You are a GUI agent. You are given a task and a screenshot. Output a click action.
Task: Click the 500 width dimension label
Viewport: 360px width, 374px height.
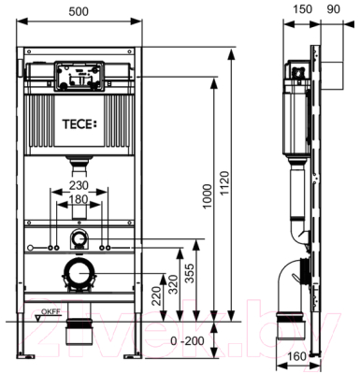click(79, 11)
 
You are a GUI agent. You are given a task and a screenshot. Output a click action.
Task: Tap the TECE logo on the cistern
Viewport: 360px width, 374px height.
click(79, 124)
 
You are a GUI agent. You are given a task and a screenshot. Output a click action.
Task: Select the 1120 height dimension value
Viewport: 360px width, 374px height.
click(224, 183)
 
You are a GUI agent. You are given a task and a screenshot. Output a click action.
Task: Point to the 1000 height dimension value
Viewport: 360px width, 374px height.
click(207, 196)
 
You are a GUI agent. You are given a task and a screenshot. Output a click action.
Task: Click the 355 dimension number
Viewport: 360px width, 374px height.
click(189, 273)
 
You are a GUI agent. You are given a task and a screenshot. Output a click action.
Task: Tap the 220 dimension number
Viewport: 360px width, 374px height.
click(157, 295)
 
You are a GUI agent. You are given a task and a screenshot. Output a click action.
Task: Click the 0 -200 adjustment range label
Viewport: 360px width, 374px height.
click(187, 340)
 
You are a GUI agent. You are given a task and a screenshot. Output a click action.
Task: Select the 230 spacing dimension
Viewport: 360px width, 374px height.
click(79, 186)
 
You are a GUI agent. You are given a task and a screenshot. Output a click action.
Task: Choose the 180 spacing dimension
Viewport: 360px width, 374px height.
click(79, 199)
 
